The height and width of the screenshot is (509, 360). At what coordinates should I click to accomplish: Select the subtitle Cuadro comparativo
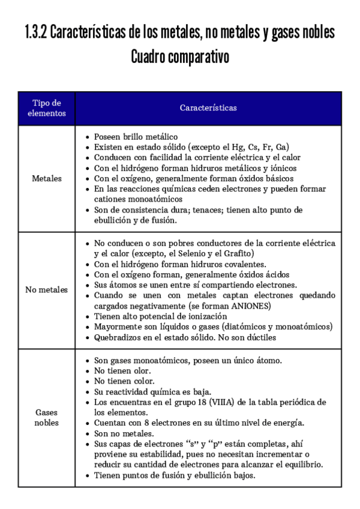click(x=180, y=58)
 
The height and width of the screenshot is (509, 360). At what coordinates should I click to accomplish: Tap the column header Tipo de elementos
click(x=47, y=108)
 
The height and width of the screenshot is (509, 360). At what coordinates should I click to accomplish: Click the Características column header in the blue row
click(x=208, y=108)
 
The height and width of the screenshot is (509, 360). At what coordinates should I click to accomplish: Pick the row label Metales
click(x=47, y=179)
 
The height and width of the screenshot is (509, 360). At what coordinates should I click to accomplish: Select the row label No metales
click(x=47, y=290)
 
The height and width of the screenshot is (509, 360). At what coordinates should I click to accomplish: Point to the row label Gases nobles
click(x=47, y=418)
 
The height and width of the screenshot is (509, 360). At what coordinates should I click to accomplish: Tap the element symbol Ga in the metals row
click(x=281, y=147)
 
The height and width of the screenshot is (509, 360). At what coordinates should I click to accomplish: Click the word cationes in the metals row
click(x=112, y=199)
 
